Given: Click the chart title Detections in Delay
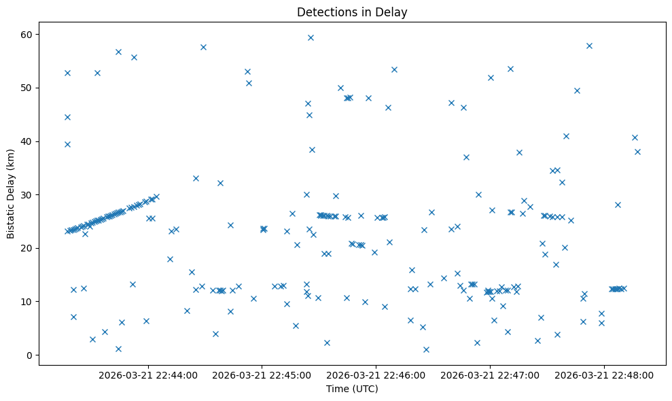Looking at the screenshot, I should coord(352,12).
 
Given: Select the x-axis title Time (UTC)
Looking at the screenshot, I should coord(352,389).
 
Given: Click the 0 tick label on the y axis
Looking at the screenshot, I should coord(29,355).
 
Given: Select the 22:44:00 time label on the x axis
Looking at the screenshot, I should coord(148,374).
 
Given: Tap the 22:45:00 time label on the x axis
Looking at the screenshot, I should coord(262,374).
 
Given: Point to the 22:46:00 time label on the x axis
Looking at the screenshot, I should coord(376,374).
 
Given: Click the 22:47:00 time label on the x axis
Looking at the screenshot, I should coord(490,374).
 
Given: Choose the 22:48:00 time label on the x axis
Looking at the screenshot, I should coord(604,374).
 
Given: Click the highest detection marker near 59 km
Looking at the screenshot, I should coord(311,37).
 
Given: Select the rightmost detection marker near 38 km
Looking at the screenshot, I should coord(637,152).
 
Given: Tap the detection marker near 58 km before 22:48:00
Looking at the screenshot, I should coord(589,46).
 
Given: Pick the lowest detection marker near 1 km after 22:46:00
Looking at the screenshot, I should coord(426,349).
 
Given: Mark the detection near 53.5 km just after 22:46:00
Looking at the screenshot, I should coord(394,69).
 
